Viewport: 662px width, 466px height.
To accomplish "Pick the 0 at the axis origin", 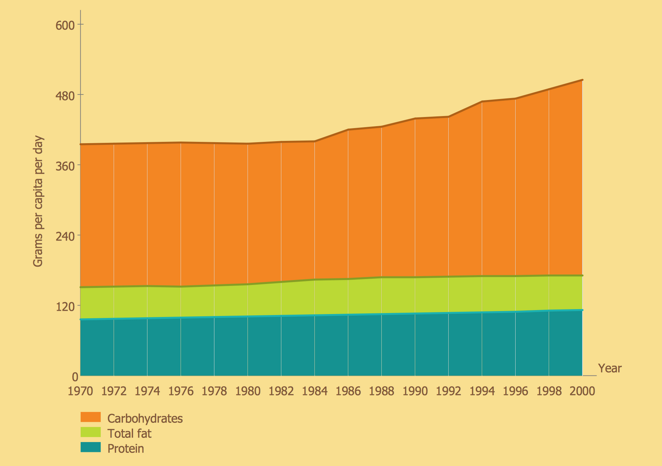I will point(75,377).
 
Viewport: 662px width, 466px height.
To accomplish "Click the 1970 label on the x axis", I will point(80,391).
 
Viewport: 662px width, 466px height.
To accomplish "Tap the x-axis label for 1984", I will point(315,391).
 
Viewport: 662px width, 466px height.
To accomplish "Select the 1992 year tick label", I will point(448,391).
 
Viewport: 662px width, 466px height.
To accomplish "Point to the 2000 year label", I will point(583,391).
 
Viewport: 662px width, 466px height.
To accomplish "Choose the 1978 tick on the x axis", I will point(214,391).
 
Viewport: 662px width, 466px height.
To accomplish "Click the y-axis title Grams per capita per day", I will point(38,201).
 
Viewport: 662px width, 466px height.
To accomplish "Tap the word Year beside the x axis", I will point(609,368).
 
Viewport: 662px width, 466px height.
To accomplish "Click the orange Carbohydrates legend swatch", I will point(90,417).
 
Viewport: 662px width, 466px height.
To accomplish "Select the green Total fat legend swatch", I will point(90,432).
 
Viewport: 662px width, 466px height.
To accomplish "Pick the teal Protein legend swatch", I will point(90,447).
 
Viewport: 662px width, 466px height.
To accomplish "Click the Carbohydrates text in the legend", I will point(145,418).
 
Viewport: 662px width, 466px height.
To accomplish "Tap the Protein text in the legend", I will point(126,449).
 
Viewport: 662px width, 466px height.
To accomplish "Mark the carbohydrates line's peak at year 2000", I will point(583,80).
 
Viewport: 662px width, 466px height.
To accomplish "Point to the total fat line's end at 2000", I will point(583,275).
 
